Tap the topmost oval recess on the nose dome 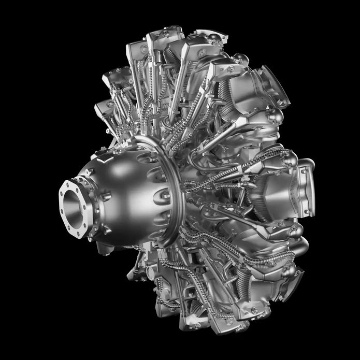click(155, 171)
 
